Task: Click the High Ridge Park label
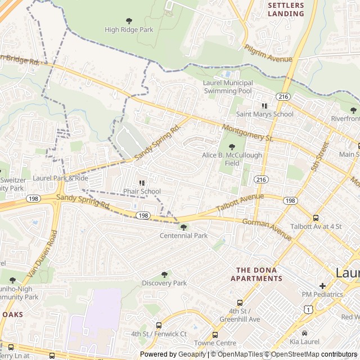point(129,29)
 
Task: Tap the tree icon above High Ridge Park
point(129,21)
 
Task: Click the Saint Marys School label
point(264,114)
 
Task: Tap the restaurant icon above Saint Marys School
point(264,105)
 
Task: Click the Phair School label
point(142,191)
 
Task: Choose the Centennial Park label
point(184,235)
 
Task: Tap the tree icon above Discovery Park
point(164,274)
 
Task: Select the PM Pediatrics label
point(322,294)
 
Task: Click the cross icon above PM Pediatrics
point(322,285)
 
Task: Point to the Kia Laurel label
point(304,341)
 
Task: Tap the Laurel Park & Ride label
point(60,178)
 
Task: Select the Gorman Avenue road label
point(267,229)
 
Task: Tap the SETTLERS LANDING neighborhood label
point(286,9)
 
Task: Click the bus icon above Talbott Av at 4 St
point(316,218)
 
